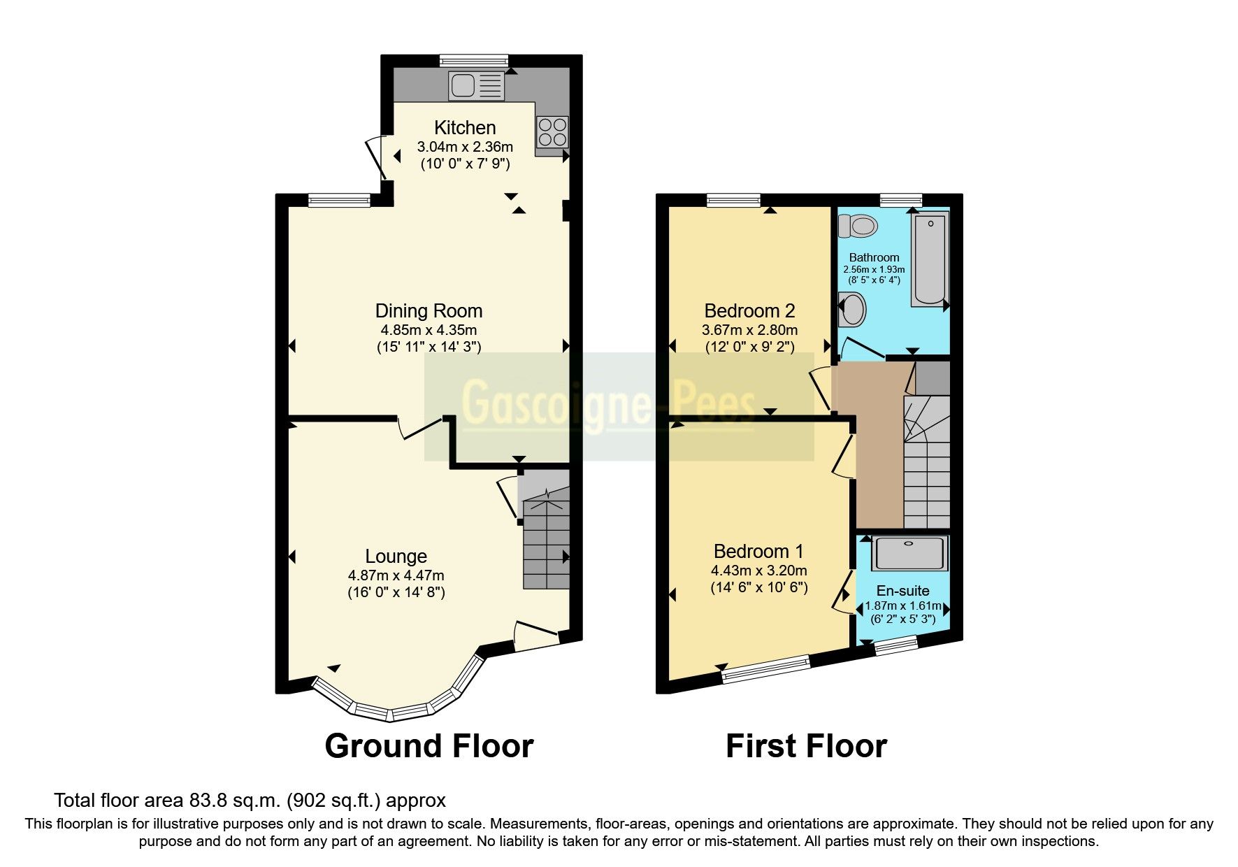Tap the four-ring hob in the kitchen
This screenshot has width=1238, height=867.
click(552, 131)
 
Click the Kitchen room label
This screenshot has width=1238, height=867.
click(465, 128)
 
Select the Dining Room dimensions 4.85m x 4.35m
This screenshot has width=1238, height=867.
click(429, 329)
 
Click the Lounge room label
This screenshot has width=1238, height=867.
click(396, 557)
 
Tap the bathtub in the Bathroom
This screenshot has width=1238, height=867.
click(929, 260)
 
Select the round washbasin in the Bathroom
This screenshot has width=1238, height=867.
click(852, 309)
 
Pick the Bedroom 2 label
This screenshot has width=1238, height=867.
click(749, 310)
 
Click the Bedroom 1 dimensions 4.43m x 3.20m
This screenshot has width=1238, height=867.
click(759, 570)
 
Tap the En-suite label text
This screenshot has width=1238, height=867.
click(902, 591)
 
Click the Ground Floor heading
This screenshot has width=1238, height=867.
click(429, 746)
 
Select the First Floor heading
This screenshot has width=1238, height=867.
click(806, 746)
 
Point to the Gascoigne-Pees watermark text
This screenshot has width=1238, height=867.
click(608, 404)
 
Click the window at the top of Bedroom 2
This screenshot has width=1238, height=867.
click(733, 201)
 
